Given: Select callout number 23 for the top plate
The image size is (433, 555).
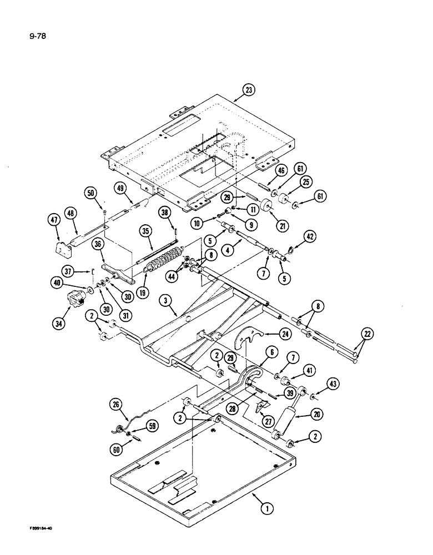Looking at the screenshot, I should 248,90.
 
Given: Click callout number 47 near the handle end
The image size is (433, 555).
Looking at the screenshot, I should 52,221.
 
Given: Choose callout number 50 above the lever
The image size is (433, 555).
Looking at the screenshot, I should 90,193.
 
